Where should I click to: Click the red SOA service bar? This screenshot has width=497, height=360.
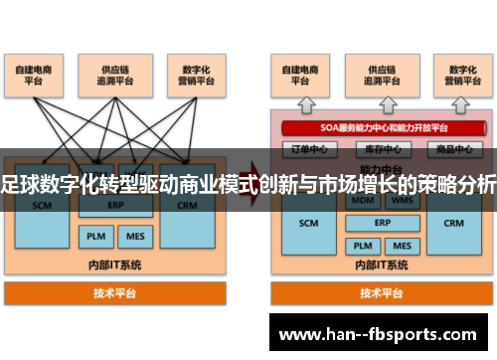[383, 127]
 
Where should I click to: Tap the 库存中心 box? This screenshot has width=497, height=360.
[383, 149]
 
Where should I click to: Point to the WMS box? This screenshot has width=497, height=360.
[402, 200]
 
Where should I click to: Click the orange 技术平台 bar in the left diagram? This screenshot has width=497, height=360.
[115, 293]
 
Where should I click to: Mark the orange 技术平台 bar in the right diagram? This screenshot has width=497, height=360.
[383, 293]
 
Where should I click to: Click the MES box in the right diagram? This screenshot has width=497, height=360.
[402, 245]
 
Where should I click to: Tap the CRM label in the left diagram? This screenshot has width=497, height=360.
[188, 206]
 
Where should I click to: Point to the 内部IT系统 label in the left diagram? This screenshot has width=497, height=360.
[115, 264]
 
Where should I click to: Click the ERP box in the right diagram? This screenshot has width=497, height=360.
[383, 223]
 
